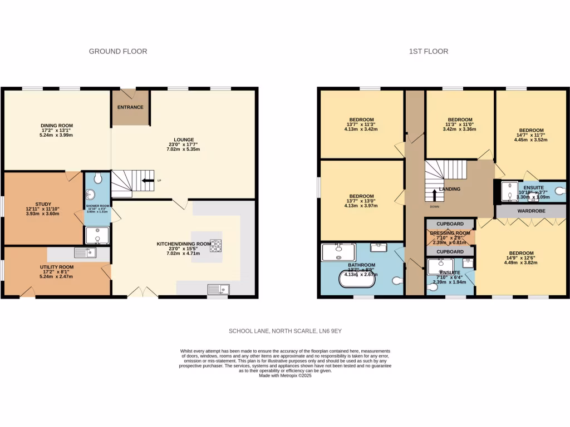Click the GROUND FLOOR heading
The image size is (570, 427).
coord(118,51)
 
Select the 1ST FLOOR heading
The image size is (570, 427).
coord(429,51)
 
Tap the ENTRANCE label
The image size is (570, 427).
coord(130,107)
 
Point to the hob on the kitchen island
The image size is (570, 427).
coord(215,245)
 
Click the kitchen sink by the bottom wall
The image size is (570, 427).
coord(218,289)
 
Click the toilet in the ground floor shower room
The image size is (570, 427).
coord(98,178)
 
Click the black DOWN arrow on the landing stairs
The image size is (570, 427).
coord(434,195)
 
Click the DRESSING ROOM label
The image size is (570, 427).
coord(450,233)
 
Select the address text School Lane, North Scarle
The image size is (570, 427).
coord(284,331)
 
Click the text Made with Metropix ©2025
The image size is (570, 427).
coord(284,375)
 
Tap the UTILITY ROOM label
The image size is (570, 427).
coord(57,267)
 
